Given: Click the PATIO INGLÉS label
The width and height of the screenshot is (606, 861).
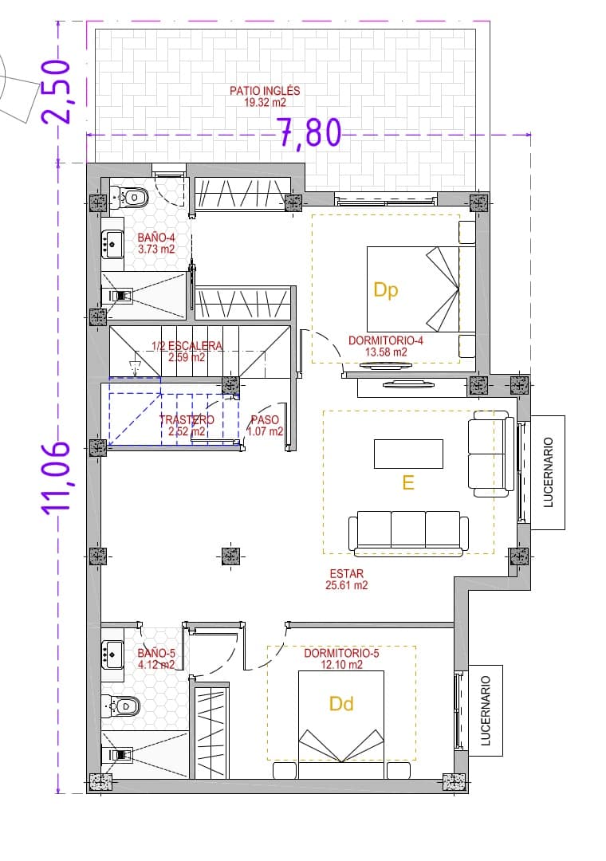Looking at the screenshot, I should coord(265,91).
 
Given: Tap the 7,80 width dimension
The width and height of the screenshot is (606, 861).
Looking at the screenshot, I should coord(309,133).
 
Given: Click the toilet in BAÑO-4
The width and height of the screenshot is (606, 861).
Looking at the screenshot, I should coord(132,196).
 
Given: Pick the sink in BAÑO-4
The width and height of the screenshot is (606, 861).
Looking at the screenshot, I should coord(112,243).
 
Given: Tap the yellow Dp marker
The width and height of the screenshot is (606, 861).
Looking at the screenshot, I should coord(386,291).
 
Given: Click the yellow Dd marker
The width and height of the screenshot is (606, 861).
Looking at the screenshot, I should coord(341,703).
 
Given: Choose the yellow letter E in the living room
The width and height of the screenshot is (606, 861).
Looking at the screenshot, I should coord(408,482).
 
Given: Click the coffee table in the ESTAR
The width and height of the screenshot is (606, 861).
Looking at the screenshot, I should coord(408,454).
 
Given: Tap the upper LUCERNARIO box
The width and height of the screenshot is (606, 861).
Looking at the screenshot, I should coord(547,472).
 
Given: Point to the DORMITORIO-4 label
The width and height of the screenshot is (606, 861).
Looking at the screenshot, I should coord(385,340).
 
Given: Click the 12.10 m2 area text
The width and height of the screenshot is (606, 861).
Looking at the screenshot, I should coord(340,664).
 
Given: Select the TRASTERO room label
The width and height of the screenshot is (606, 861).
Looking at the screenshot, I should coord(187,420).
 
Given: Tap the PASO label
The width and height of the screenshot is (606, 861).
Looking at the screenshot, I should coord(265,420).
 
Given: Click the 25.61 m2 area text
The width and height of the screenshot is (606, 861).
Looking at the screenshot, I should coord(346,584).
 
